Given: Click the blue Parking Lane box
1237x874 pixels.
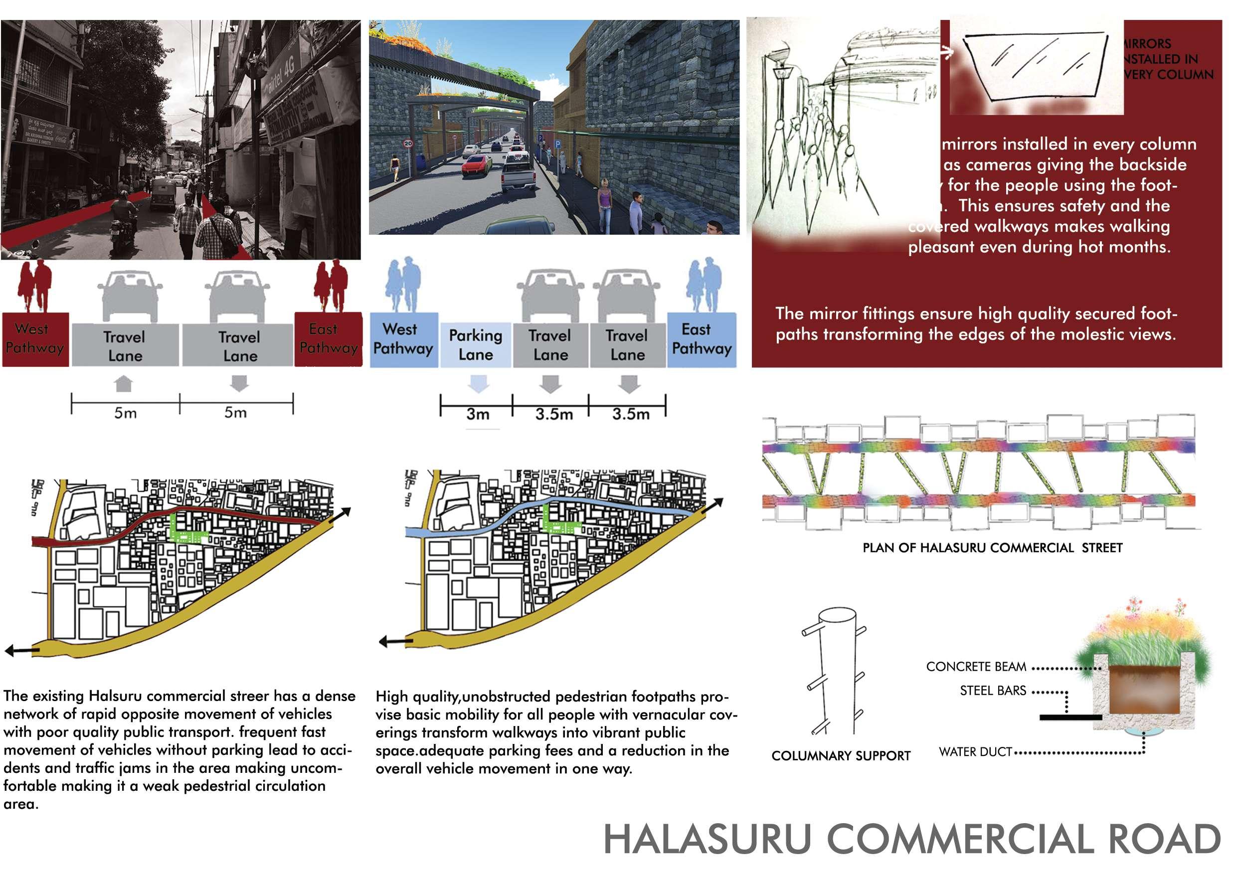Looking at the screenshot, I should [475, 345].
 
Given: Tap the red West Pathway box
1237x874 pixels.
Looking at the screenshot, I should [35, 339].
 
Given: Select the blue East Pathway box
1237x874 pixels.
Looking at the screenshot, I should [701, 339].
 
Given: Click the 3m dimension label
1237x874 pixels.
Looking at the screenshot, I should [477, 414].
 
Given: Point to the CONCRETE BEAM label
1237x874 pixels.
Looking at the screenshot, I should [976, 667].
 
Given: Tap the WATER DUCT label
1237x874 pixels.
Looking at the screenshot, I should [975, 752].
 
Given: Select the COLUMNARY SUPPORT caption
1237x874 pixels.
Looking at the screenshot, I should [841, 755].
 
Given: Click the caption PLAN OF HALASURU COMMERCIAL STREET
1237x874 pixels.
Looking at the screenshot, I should [992, 548].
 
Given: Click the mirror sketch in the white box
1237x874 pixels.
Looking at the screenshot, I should [1035, 67].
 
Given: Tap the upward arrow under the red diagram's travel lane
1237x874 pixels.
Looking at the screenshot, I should [124, 383].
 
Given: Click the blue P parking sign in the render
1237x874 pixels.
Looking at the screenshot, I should [557, 145].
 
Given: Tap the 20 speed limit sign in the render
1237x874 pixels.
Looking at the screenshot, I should [408, 143].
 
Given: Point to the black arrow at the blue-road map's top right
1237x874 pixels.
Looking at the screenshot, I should [713, 505].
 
